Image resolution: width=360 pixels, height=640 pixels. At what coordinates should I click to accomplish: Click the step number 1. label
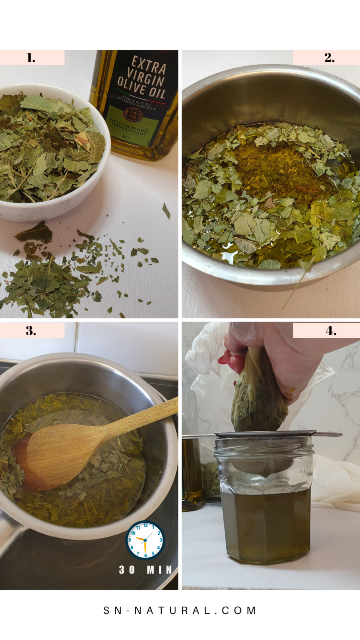click(x=31, y=58)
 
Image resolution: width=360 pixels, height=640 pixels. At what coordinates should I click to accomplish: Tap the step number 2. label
click(x=329, y=58)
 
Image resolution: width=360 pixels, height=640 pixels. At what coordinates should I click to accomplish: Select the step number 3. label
click(x=31, y=331)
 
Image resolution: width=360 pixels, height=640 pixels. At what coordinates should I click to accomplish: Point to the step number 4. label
click(x=331, y=331)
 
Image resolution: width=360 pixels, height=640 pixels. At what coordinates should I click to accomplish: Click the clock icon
click(x=145, y=540)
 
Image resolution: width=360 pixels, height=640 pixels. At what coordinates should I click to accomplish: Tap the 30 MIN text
click(x=145, y=570)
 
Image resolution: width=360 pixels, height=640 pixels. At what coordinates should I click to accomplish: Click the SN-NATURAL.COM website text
click(x=180, y=610)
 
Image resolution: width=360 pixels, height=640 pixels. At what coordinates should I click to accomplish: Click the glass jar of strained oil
click(x=265, y=512)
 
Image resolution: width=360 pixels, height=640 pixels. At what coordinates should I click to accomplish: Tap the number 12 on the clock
click(x=145, y=526)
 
